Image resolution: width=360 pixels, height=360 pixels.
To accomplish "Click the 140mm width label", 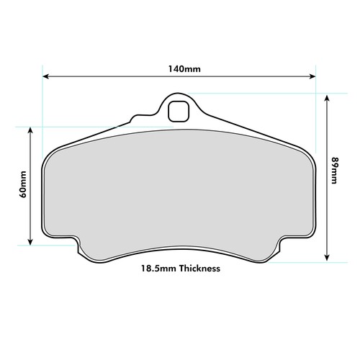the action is [x=184, y=69].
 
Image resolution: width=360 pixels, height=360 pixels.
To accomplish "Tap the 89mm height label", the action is [x=334, y=171].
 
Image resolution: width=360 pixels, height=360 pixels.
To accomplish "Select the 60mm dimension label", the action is [x=23, y=184].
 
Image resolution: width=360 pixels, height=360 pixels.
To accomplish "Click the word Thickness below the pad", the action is [x=199, y=268].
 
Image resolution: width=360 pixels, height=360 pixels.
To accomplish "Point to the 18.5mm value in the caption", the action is [x=159, y=268].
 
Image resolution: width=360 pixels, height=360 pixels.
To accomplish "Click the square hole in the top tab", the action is [x=179, y=112].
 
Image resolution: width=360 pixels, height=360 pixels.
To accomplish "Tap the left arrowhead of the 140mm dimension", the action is [x=45, y=76].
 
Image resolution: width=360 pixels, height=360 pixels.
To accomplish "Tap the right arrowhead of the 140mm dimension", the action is [x=312, y=76].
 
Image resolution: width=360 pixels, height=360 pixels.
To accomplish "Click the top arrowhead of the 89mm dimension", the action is [x=327, y=99].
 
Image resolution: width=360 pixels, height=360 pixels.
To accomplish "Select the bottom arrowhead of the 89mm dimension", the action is [x=327, y=257].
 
